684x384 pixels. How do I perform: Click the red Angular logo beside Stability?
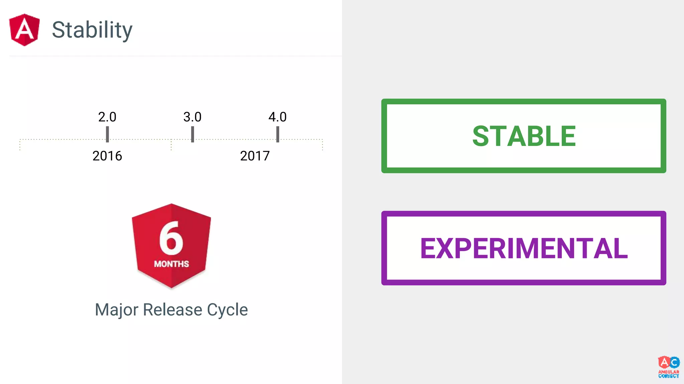(x=24, y=30)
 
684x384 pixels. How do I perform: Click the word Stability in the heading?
(x=92, y=30)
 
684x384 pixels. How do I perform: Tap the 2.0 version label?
(x=107, y=117)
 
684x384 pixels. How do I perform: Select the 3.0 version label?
(x=192, y=117)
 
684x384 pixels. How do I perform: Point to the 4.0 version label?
(x=278, y=117)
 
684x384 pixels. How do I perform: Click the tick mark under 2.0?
(x=107, y=134)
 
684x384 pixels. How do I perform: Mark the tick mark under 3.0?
(x=192, y=134)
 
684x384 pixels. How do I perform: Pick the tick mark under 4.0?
(x=278, y=134)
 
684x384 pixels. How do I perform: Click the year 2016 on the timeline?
(x=107, y=156)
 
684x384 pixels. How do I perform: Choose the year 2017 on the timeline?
(x=255, y=156)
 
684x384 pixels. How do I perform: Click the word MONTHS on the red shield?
(x=171, y=264)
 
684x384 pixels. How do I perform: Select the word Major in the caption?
(x=117, y=310)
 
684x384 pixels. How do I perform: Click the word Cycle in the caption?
(x=227, y=310)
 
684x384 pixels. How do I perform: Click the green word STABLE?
(x=524, y=136)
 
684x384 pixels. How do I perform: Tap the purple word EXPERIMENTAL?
(x=524, y=248)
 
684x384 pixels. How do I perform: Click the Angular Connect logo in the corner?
(x=669, y=367)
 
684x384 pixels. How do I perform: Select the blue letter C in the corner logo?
(x=674, y=362)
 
